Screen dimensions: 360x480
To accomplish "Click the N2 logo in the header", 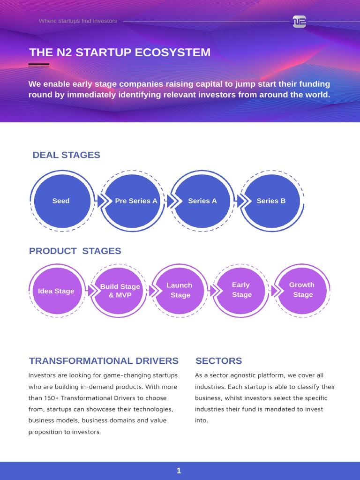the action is tap(299, 22).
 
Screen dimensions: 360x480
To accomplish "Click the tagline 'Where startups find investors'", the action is tap(78, 21).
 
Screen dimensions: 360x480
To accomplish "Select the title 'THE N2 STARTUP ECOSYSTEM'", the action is tap(120, 52).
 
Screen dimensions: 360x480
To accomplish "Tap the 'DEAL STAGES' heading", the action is tap(66, 155).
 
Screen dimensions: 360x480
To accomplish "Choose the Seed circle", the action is tap(61, 201).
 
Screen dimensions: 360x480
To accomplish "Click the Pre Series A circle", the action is tap(134, 201).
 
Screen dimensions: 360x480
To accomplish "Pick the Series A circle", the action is tap(202, 201).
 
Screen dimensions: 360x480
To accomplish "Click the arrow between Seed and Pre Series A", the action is tap(99, 201).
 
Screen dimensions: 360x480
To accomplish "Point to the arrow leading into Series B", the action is tap(240, 201).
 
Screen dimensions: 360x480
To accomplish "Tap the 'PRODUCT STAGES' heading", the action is tap(75, 251).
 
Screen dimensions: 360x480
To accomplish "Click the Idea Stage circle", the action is tap(56, 291).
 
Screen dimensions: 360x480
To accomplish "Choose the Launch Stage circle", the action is tap(180, 290).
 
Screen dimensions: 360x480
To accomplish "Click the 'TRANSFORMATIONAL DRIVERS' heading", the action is tap(104, 361).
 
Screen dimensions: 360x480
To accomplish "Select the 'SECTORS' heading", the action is tap(218, 361).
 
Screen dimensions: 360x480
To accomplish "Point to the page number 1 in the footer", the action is tap(179, 471).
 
